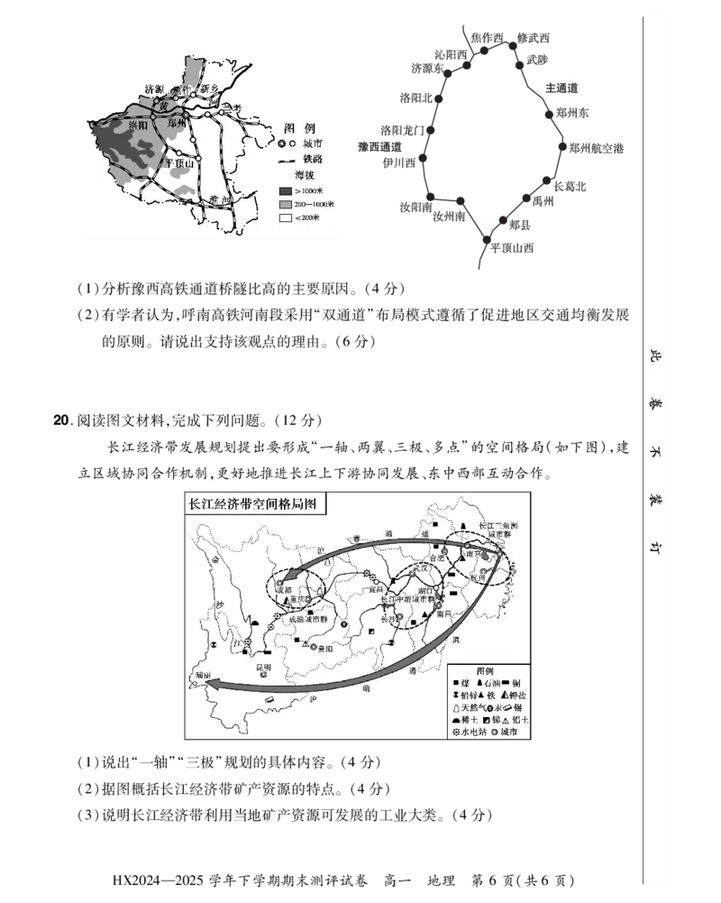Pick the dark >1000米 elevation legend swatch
pos(286,191)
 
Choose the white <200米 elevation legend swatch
pos(286,219)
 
